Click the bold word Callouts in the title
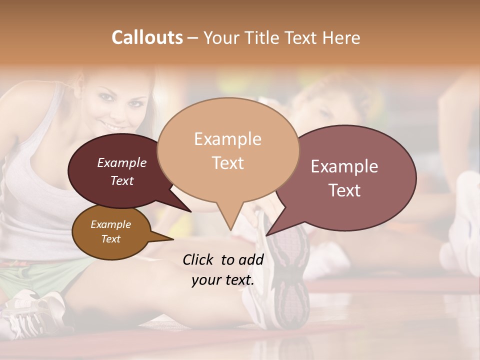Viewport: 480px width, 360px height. [147, 37]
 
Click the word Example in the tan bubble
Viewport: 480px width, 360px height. [227, 138]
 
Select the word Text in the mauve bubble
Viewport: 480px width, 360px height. [344, 190]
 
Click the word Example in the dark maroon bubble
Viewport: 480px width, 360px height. [121, 162]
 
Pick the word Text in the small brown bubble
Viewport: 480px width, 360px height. [110, 239]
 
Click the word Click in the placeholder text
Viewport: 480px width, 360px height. [198, 259]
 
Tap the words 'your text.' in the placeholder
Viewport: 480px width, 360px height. [222, 280]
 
